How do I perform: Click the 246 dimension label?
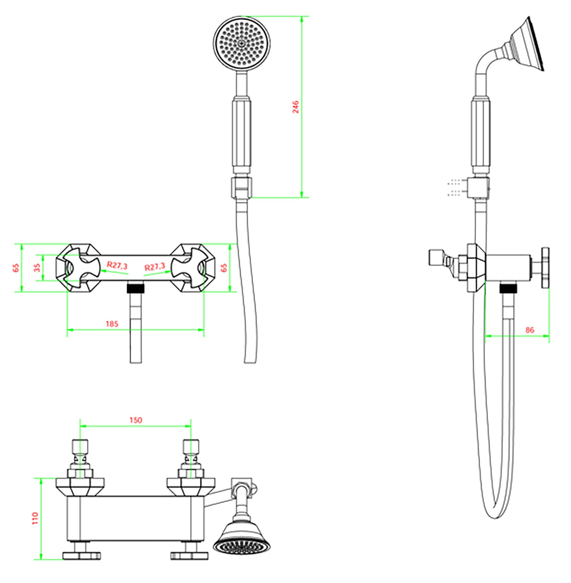click(x=295, y=107)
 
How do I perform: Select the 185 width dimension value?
click(x=112, y=324)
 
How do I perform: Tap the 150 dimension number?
click(x=136, y=420)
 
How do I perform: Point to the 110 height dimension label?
click(x=35, y=518)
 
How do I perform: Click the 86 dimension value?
click(x=530, y=330)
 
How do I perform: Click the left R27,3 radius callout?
click(x=117, y=265)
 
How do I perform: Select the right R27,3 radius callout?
click(x=154, y=266)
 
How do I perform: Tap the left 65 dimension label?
click(x=16, y=268)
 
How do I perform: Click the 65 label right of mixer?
click(x=224, y=268)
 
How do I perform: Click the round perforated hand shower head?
click(x=242, y=43)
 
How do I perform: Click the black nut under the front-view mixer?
click(x=136, y=288)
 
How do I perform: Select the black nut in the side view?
click(x=508, y=289)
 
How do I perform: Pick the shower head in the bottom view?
click(x=242, y=540)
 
